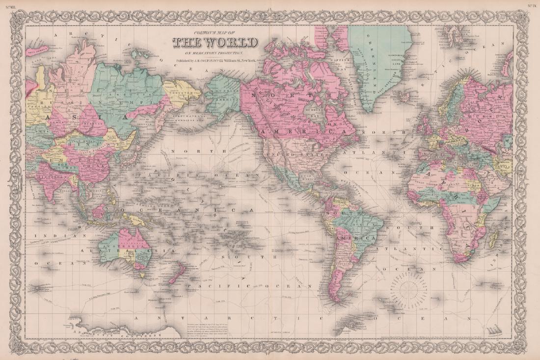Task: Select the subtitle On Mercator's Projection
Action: pyautogui.click(x=214, y=52)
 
